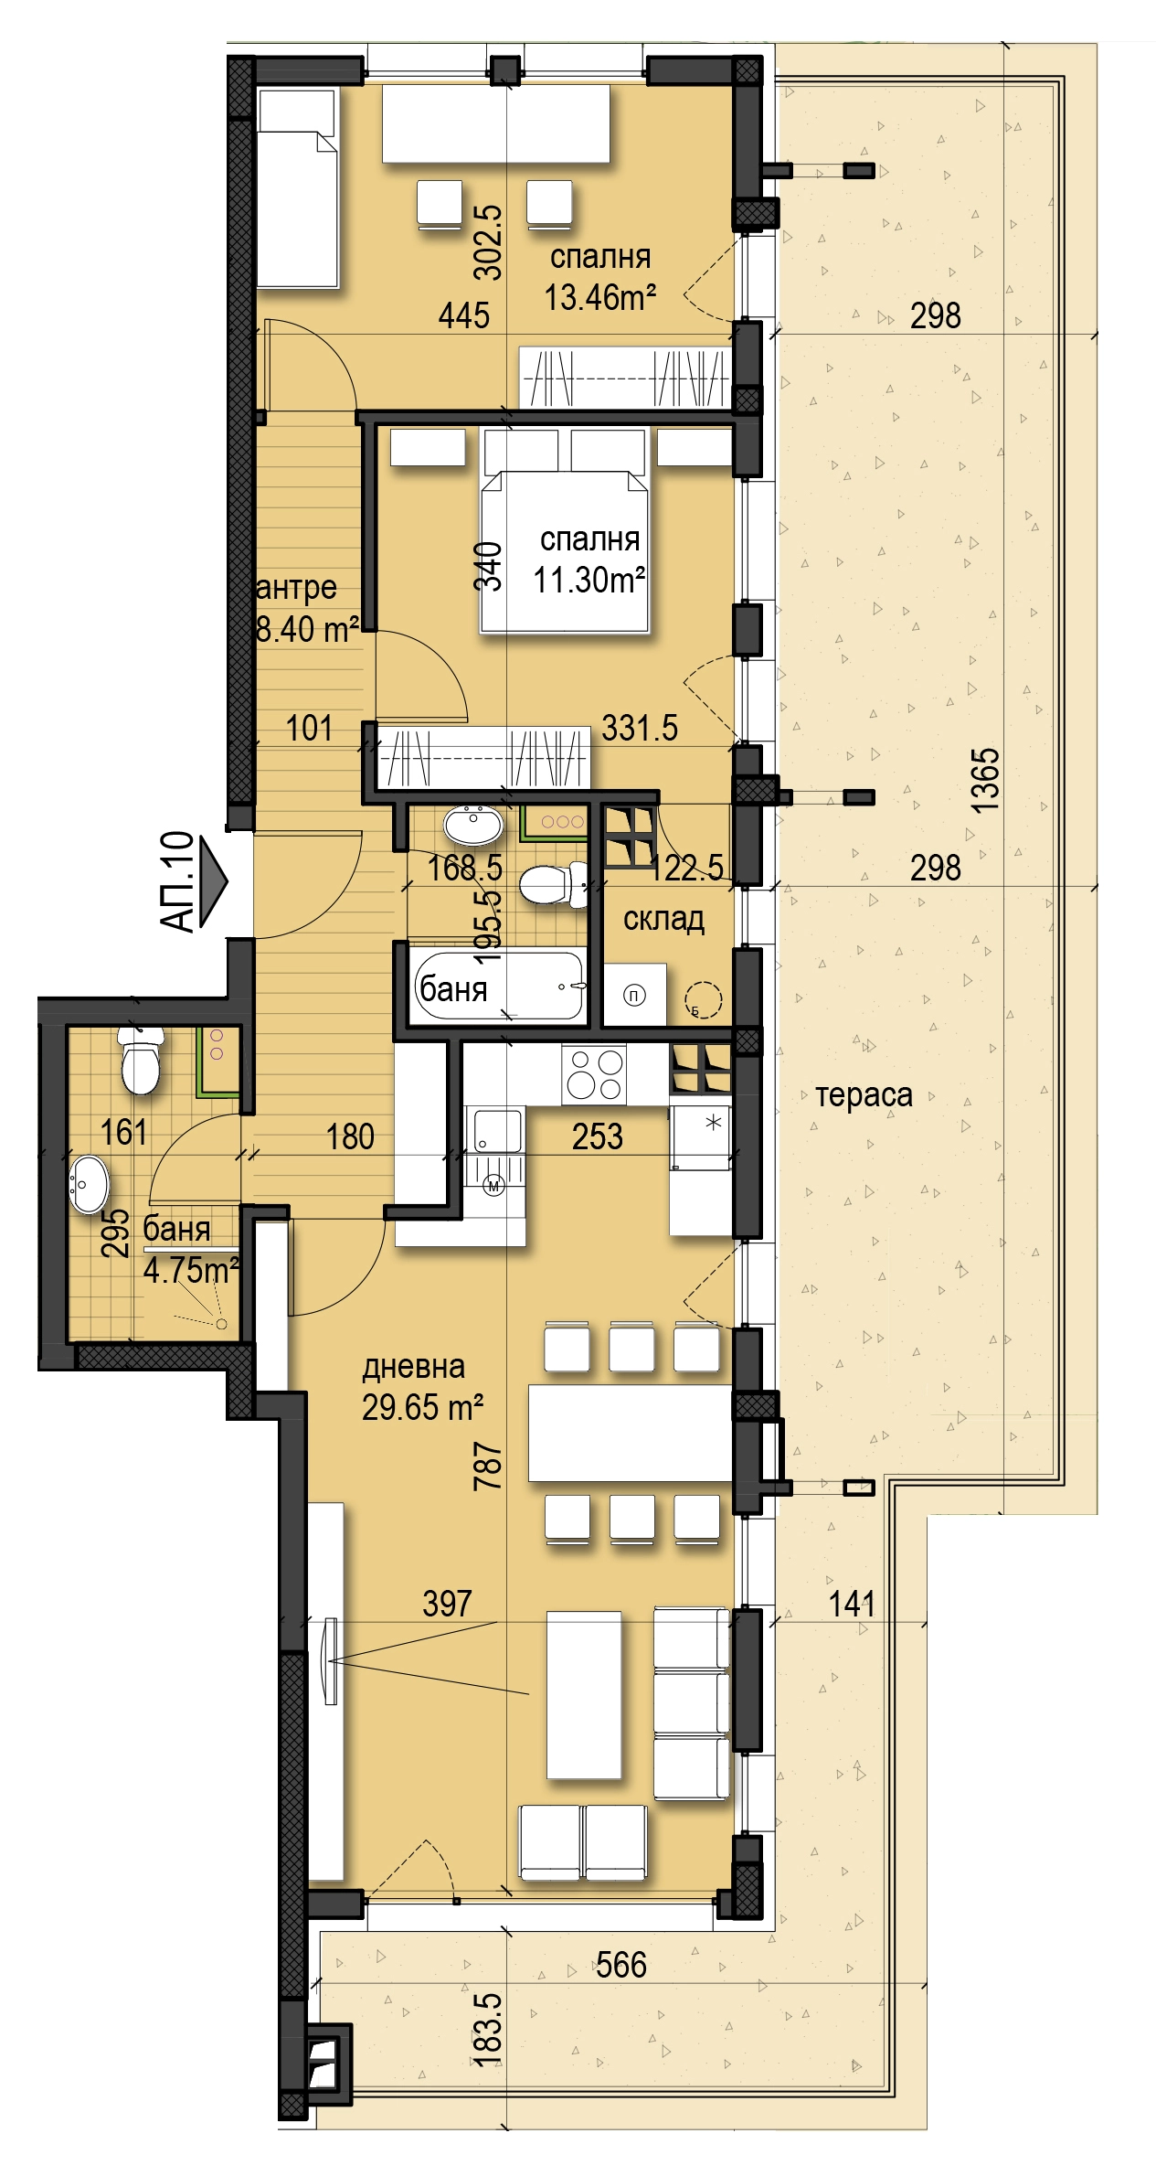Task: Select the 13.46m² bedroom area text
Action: coord(600,297)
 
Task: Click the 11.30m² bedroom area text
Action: coord(589,580)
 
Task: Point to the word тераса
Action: coord(864,1094)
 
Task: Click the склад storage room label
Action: coord(663,918)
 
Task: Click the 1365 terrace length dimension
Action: coord(985,780)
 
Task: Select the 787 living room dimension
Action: coord(488,1465)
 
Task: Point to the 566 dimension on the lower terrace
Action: coord(620,1964)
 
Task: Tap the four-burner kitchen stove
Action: coord(595,1073)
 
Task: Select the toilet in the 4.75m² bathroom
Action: coord(141,1061)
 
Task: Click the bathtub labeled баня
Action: coord(498,985)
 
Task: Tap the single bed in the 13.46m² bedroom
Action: coord(298,188)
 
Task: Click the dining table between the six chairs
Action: coord(631,1433)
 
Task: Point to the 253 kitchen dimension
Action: coord(598,1136)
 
